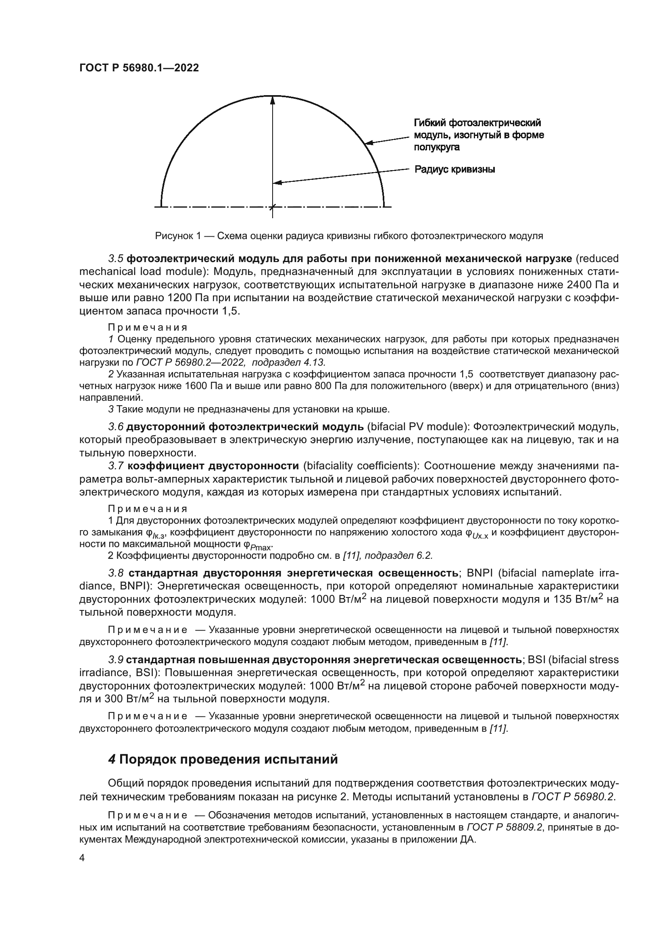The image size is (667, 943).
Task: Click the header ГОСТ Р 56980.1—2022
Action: click(139, 68)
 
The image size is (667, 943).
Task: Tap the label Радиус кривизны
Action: click(454, 169)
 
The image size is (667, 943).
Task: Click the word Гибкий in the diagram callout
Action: click(429, 123)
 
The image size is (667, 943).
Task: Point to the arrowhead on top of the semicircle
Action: click(272, 100)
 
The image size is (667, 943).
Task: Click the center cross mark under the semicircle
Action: click(272, 207)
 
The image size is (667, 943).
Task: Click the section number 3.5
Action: click(116, 258)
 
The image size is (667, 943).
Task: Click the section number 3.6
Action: click(116, 427)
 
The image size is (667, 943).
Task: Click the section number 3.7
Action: click(116, 466)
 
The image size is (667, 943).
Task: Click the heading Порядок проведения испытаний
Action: click(228, 760)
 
